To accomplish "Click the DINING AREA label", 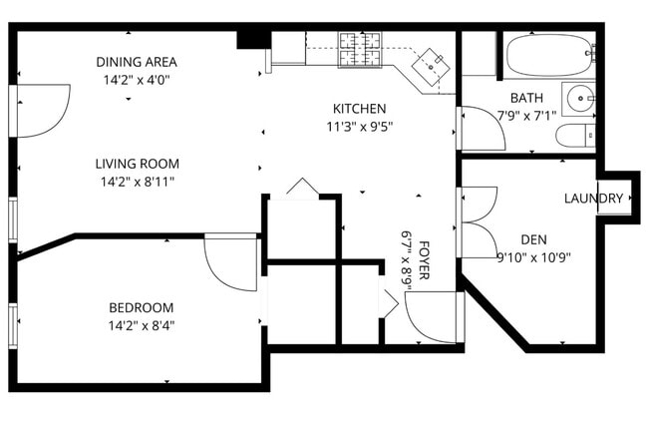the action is pos(137,62).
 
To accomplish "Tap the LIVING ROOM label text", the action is pos(138,164).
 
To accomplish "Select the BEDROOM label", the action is pos(142,308).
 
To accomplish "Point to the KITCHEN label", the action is pos(360,109).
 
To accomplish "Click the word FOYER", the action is pos(424,260).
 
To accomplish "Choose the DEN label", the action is pos(534,239).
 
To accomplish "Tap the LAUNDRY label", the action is pos(593,199).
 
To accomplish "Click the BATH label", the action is pos(527,98).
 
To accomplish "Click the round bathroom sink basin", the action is pos(580,99).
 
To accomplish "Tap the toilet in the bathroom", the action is pos(575,135).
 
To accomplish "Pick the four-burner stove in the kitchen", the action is pos(360,50).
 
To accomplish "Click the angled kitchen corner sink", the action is pos(431,67).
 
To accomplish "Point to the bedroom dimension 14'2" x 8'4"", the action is pos(142,326).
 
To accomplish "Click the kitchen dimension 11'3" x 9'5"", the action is pos(360,127).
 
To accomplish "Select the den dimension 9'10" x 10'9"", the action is pos(534,257).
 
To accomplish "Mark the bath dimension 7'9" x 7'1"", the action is pos(526,116).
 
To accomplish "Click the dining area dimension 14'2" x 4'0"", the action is pos(137,80).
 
